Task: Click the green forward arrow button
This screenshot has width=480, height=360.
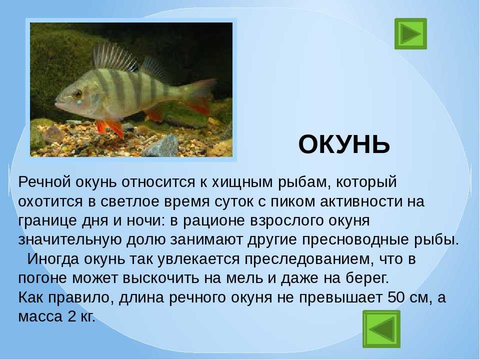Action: (410, 33)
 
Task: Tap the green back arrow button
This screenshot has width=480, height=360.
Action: (381, 329)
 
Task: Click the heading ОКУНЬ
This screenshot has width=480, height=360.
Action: (344, 144)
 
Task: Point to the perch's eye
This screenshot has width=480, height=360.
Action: (78, 93)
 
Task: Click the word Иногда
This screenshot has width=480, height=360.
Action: (53, 259)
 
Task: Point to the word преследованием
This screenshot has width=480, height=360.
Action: (309, 259)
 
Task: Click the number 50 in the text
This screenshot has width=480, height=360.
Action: (397, 297)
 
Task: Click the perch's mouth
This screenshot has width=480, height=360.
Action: (58, 103)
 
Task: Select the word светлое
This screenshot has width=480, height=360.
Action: (134, 201)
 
